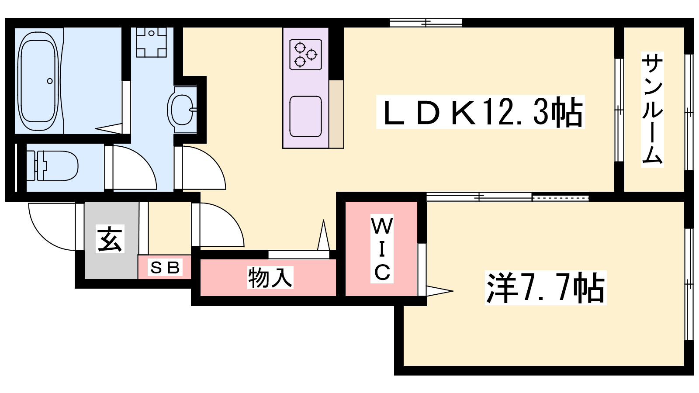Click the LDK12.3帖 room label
tap(480, 112)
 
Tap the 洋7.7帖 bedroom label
tap(546, 288)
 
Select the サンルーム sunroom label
tap(652, 109)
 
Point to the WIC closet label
tap(382, 248)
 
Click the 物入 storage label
tap(270, 277)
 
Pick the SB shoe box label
tap(165, 267)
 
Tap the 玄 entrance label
tap(110, 238)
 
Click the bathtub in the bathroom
tap(38, 81)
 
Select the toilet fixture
tap(52, 166)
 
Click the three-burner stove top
tap(305, 54)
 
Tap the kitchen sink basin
tap(305, 116)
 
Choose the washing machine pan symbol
tap(151, 42)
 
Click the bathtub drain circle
tap(50, 81)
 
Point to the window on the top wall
tap(426, 22)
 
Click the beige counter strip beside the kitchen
tap(336, 114)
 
